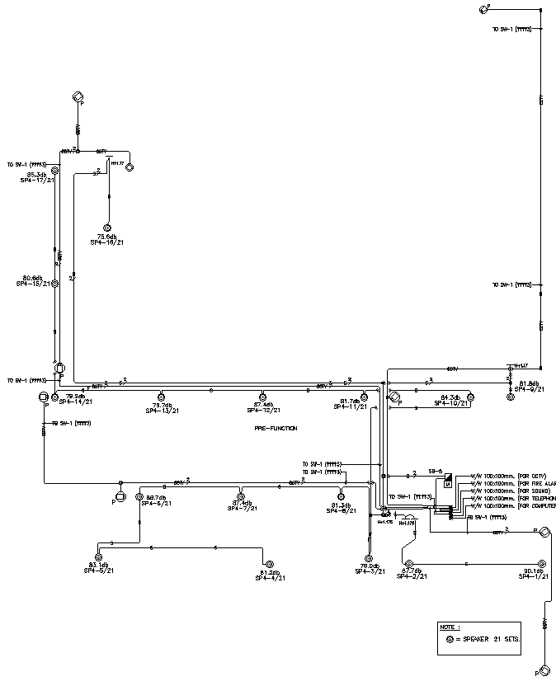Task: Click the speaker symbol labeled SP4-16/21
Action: tap(106, 228)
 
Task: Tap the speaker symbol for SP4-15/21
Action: tap(55, 283)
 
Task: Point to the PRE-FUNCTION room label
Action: tap(276, 429)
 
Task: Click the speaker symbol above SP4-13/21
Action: tap(162, 397)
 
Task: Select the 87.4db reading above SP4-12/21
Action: tap(263, 405)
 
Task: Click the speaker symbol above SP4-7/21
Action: tap(241, 497)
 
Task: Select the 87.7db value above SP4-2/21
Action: tap(412, 571)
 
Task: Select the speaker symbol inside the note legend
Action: tap(450, 640)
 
